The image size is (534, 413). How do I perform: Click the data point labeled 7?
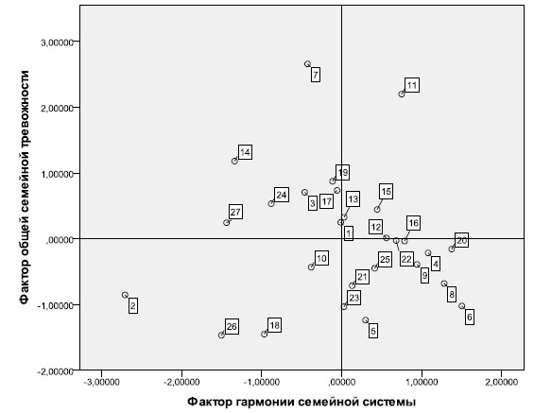(307, 64)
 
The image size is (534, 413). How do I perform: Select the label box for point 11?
(412, 85)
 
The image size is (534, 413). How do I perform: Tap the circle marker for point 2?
(125, 295)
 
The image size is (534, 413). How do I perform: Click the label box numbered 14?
(245, 152)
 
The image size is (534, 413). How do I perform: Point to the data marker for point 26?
(221, 335)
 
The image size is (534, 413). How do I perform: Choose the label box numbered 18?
(274, 325)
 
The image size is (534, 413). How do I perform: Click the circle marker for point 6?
(461, 306)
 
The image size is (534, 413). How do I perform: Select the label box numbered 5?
(373, 331)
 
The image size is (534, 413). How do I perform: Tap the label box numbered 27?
(235, 212)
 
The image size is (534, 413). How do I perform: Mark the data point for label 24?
(271, 203)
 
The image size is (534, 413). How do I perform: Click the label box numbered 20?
(461, 241)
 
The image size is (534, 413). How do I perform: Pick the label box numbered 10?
(321, 258)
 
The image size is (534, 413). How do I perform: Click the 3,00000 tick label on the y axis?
(57, 43)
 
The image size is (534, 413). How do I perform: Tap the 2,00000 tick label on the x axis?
(501, 382)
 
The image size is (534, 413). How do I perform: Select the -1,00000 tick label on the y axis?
(55, 306)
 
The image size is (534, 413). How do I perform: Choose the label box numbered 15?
(387, 192)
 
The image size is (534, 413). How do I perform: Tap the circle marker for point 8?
(444, 284)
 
